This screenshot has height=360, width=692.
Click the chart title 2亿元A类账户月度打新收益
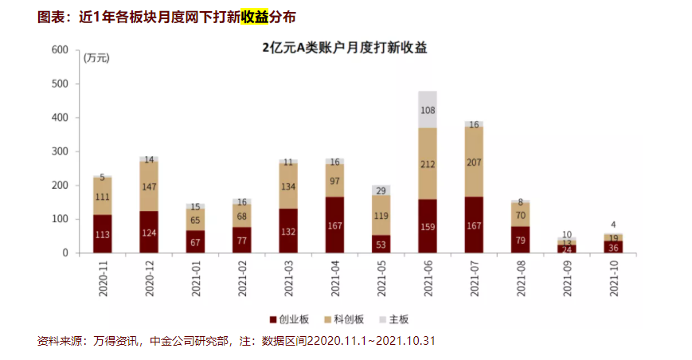(x=346, y=48)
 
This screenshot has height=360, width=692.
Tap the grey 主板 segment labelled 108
(x=428, y=110)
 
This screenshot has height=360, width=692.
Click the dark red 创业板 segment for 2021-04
(x=334, y=225)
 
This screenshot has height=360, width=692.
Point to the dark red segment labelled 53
(x=381, y=244)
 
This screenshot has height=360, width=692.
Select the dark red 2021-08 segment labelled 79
(x=521, y=240)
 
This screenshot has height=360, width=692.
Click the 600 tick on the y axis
(x=60, y=49)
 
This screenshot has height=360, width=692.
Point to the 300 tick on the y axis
(x=60, y=151)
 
